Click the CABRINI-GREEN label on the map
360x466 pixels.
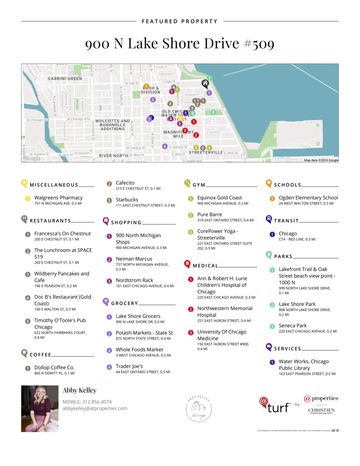tap(65, 79)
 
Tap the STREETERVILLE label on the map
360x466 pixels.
tap(206, 152)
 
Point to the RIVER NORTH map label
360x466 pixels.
tap(113, 155)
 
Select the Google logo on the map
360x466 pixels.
tap(32, 158)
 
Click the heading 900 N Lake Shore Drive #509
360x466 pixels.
tap(180, 44)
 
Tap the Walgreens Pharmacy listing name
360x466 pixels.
tap(58, 198)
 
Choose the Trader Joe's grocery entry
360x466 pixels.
tap(129, 366)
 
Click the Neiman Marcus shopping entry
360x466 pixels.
tap(134, 259)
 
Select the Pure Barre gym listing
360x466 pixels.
tap(210, 214)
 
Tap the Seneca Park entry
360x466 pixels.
tap(292, 325)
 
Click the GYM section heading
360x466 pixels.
tap(199, 185)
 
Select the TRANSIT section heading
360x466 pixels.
tap(286, 221)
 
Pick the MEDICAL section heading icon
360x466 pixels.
tap(187, 264)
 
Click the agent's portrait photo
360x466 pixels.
tap(40, 409)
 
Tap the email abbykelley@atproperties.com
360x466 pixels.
tap(95, 408)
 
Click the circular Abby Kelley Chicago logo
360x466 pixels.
tap(198, 408)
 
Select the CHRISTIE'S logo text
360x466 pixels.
tap(321, 410)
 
